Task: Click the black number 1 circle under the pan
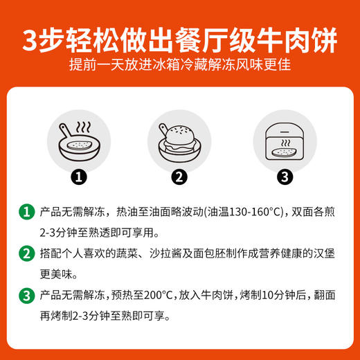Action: click(81, 177)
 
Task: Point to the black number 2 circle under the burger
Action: click(179, 177)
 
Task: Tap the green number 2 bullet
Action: click(26, 253)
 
